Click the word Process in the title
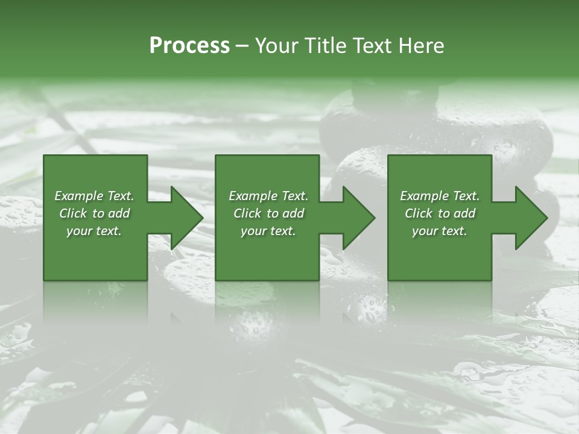189,46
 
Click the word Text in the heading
371,46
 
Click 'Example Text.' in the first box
94,196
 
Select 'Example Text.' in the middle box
268,196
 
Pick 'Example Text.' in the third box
440,196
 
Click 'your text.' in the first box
94,231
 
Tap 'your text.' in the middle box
268,231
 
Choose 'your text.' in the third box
440,231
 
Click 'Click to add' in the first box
94,213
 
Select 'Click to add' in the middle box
268,213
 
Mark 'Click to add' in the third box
440,213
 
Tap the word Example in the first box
79,196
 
